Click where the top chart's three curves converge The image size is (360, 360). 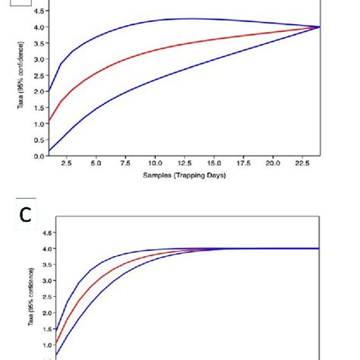pyautogui.click(x=319, y=27)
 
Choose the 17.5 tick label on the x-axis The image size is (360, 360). pyautogui.click(x=243, y=163)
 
